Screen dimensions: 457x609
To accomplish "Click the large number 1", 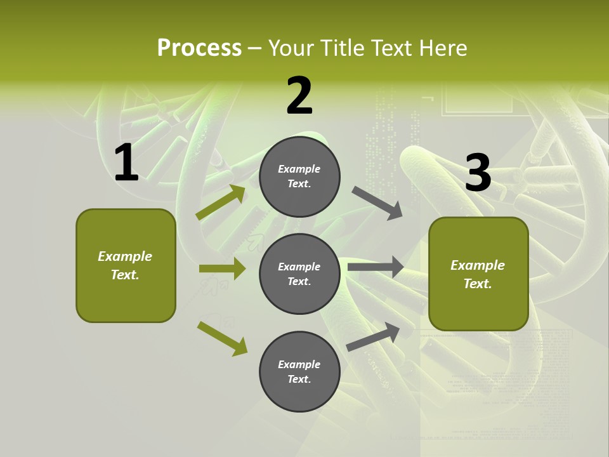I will pos(126,164).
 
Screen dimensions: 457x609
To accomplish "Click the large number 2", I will pos(299,96).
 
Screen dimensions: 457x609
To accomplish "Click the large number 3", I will pos(478,173).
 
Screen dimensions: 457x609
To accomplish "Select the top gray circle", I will pos(299,176).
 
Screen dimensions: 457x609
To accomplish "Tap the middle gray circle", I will pos(299,274).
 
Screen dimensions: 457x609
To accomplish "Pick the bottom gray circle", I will pos(299,371).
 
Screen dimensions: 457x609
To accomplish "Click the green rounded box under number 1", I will pos(126,265).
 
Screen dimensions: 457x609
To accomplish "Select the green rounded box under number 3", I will pos(478,274).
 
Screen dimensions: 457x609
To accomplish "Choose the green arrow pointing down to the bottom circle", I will pos(222,338).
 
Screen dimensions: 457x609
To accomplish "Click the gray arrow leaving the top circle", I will pos(377,203).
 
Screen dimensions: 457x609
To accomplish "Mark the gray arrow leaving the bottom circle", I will pos(373,336).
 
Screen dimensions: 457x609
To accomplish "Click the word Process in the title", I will pos(199,48).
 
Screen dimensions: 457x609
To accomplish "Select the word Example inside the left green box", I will pos(125,256).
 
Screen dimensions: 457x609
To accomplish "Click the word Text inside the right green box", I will pos(478,284).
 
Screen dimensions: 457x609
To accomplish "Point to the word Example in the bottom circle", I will pos(299,364).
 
